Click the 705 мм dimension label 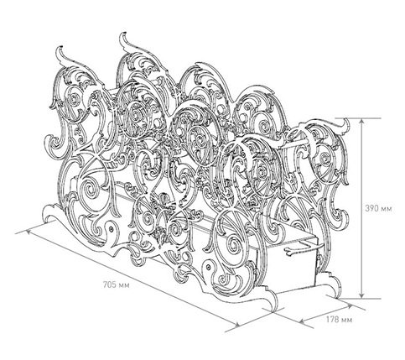coord(117,285)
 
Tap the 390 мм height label coord(378,208)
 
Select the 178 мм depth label coord(339,320)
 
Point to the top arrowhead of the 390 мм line coord(362,121)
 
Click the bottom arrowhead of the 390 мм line coord(362,295)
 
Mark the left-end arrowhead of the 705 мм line coord(29,232)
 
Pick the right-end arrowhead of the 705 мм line coord(236,325)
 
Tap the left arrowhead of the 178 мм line coord(303,321)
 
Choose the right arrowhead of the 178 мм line coord(350,306)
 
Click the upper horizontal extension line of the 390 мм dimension coord(360,118)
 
